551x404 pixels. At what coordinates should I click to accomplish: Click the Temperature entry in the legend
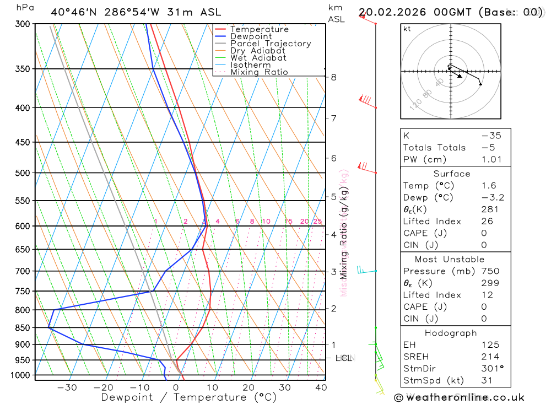point(259,29)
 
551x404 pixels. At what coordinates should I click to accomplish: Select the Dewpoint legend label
point(251,36)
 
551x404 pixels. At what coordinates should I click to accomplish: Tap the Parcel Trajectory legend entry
point(271,44)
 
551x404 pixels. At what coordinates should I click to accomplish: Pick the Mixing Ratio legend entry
point(259,72)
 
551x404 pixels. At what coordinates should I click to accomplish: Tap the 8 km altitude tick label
point(334,77)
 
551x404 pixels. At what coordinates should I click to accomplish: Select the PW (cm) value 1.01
point(491,160)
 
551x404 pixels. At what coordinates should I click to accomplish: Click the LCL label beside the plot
point(343,358)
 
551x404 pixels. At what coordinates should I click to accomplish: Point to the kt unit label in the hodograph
point(407,29)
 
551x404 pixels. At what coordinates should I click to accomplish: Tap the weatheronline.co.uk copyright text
point(459,397)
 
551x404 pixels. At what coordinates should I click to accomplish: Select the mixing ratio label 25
point(317,222)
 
